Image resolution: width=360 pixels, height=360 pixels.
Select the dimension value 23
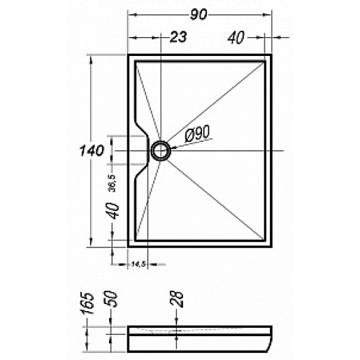[178, 38]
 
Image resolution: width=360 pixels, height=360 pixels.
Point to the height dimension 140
[92, 150]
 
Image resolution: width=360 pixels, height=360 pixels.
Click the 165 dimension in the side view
[84, 305]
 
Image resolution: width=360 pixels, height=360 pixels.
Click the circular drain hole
[160, 150]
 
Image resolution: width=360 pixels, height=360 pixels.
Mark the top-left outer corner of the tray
[128, 54]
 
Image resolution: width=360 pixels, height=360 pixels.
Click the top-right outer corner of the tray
[273, 54]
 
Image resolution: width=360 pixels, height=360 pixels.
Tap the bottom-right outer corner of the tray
[273, 246]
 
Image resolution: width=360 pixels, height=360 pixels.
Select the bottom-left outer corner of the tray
[128, 246]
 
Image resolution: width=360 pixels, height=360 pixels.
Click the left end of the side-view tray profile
[129, 339]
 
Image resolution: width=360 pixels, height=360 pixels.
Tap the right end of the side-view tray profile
[272, 339]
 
